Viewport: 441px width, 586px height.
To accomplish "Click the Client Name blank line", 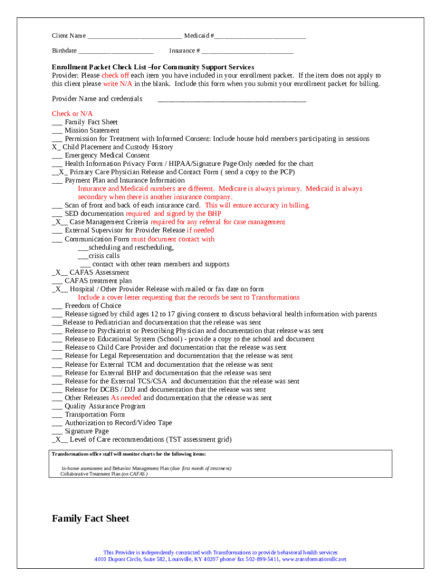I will point(135,37).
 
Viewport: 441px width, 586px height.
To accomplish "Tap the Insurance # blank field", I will point(247,52).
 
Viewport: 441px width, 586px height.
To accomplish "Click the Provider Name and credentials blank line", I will point(231,100).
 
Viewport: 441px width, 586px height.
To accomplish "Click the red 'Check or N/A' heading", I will point(72,114).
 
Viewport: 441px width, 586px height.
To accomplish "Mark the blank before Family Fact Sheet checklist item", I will point(57,123).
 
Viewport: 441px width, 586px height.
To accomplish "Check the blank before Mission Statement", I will point(57,131).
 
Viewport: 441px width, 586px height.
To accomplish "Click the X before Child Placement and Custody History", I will point(54,147).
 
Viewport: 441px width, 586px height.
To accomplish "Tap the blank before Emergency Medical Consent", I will point(57,156).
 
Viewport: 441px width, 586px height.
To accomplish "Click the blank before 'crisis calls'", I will point(83,256).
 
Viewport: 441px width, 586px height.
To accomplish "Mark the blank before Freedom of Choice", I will point(57,306).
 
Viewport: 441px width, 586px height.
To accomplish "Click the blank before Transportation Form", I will point(57,415).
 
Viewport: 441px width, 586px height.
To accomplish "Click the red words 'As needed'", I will point(126,398).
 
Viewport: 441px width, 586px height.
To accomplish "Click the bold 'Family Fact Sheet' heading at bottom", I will point(90,518).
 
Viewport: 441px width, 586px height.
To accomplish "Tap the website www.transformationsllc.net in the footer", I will point(314,559).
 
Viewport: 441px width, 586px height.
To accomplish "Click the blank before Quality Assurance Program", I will point(57,406).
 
